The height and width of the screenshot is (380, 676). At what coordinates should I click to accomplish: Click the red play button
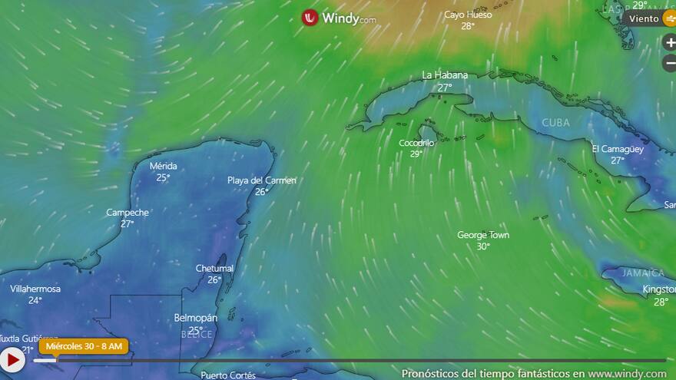point(12,359)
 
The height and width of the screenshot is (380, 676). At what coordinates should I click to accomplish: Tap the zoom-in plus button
point(670,43)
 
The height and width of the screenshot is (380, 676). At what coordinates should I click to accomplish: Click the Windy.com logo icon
point(310,18)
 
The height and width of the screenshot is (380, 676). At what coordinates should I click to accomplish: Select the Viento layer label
point(644,18)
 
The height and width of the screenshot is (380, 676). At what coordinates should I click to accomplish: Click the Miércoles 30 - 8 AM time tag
point(84,346)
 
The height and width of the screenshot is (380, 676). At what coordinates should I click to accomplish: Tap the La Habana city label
point(445,75)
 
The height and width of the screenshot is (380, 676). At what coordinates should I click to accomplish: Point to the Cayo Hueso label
point(468,15)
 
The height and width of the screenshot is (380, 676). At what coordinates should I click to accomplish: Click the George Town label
point(483,235)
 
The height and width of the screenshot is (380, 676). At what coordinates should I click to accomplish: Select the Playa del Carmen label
point(262,180)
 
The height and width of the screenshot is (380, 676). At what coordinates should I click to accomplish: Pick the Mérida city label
point(163,166)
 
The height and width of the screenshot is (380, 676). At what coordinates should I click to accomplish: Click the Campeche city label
point(128,213)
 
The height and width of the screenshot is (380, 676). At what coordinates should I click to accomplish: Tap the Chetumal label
point(214,269)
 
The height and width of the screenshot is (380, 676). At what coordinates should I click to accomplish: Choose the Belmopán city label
point(196,318)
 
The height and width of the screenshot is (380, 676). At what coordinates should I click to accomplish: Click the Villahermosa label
point(35,289)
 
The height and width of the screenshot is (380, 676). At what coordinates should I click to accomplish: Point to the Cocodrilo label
point(416,143)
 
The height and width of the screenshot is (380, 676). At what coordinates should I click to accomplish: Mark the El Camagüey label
point(618,149)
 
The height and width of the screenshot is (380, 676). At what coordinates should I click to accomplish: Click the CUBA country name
point(556,123)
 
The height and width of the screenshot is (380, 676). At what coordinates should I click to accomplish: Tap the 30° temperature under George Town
point(483,246)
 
